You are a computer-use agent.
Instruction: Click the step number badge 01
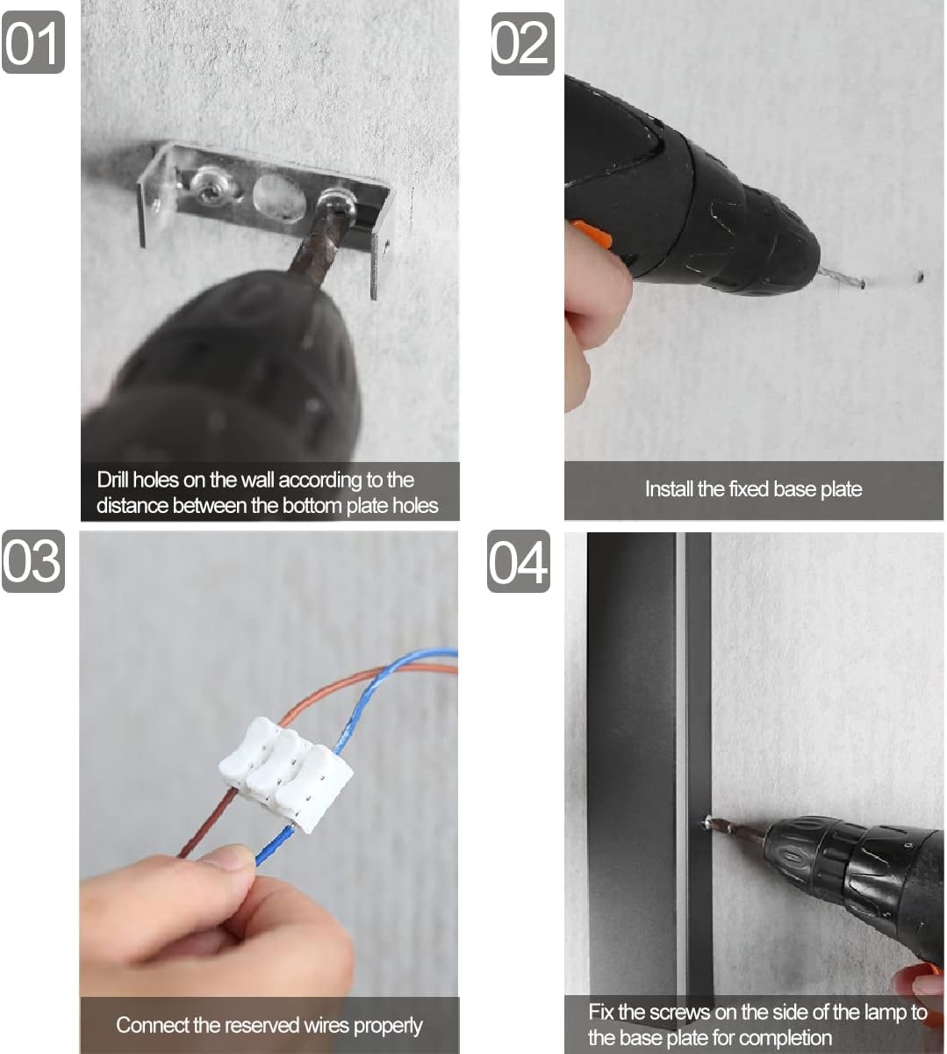tap(33, 42)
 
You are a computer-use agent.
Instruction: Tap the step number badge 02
tap(522, 44)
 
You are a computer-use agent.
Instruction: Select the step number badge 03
tap(33, 561)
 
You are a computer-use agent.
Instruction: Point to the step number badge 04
tap(519, 561)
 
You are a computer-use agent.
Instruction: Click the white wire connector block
tap(285, 775)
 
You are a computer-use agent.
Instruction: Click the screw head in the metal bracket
tap(210, 187)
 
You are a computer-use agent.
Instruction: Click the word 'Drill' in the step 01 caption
tap(111, 480)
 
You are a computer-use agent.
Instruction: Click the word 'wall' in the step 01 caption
tap(256, 480)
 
